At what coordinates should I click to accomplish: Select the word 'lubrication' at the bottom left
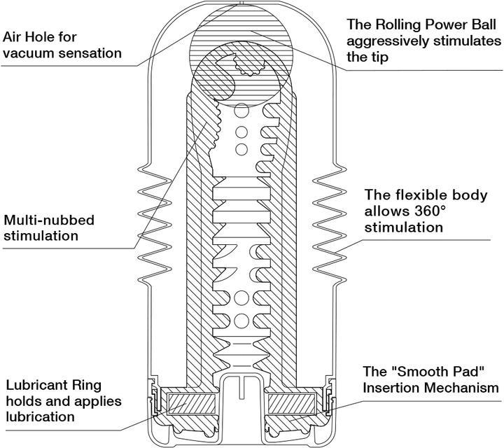[39, 417]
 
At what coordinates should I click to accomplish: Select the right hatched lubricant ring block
[291, 404]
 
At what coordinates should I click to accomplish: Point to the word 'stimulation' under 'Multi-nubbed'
[41, 236]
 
